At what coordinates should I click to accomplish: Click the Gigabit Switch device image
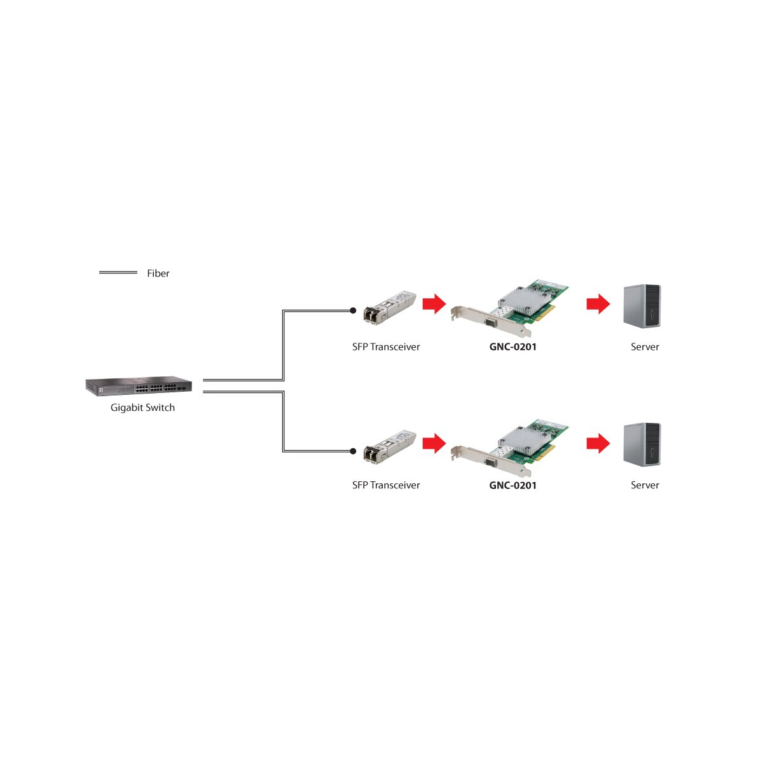(139, 385)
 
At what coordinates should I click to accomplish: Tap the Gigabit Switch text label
(142, 408)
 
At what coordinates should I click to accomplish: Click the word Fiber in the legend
(158, 273)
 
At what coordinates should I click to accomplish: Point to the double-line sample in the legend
(118, 272)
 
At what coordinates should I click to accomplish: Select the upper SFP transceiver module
(389, 308)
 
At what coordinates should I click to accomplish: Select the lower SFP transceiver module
(389, 446)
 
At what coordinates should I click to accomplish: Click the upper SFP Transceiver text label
(386, 347)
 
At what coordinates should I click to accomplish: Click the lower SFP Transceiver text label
(386, 485)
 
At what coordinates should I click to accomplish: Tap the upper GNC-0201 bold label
(512, 347)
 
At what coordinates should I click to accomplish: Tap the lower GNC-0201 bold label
(512, 485)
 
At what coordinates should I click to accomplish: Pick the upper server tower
(642, 306)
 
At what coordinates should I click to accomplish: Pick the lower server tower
(642, 444)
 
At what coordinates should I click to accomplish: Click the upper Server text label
(645, 347)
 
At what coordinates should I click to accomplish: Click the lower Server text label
(645, 485)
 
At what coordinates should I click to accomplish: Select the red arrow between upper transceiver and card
(434, 304)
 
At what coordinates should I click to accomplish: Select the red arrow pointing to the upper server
(598, 304)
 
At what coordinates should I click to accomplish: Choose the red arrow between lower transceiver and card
(434, 443)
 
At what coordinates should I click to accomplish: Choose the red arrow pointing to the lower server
(598, 443)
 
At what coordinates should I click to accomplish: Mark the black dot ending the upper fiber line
(353, 311)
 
